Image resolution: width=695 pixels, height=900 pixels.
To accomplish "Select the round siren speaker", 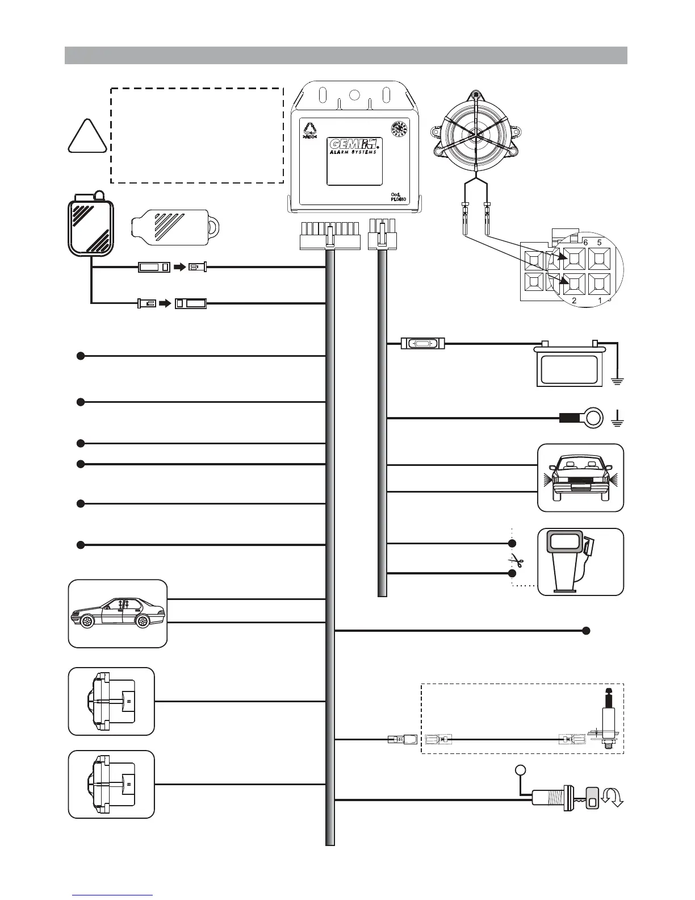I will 476,134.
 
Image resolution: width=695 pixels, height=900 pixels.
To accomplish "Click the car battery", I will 569,364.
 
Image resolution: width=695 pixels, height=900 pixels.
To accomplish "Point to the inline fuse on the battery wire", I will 423,343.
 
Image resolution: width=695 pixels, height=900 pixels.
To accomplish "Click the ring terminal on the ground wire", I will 593,419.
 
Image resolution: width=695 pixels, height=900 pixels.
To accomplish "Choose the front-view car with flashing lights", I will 580,477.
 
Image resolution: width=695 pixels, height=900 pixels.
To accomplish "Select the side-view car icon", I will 118,613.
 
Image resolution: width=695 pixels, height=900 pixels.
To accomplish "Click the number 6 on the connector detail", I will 585,242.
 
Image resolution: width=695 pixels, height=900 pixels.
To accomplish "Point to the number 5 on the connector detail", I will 599,242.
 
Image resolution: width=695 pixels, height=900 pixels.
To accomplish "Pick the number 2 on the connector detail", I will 574,301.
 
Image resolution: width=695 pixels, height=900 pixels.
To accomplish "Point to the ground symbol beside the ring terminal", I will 617,421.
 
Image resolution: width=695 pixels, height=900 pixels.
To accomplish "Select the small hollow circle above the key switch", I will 520,770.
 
